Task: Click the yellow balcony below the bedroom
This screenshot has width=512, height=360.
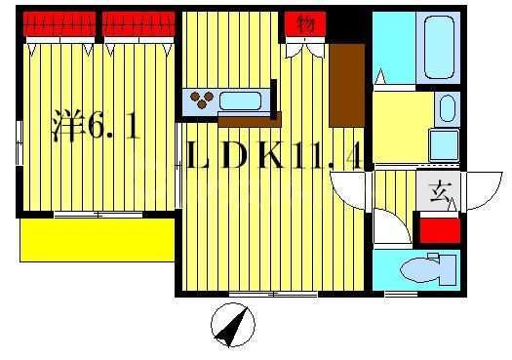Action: point(97,239)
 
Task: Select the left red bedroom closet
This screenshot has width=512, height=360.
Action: point(59,23)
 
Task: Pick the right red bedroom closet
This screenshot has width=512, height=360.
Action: point(138,23)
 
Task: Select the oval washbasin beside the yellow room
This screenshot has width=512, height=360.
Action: point(446,106)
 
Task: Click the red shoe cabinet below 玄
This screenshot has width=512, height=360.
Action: point(439,231)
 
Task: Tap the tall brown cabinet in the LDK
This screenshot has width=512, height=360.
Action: point(346,85)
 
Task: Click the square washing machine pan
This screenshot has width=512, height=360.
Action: point(445,144)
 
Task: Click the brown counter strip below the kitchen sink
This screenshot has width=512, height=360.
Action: point(249,120)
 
